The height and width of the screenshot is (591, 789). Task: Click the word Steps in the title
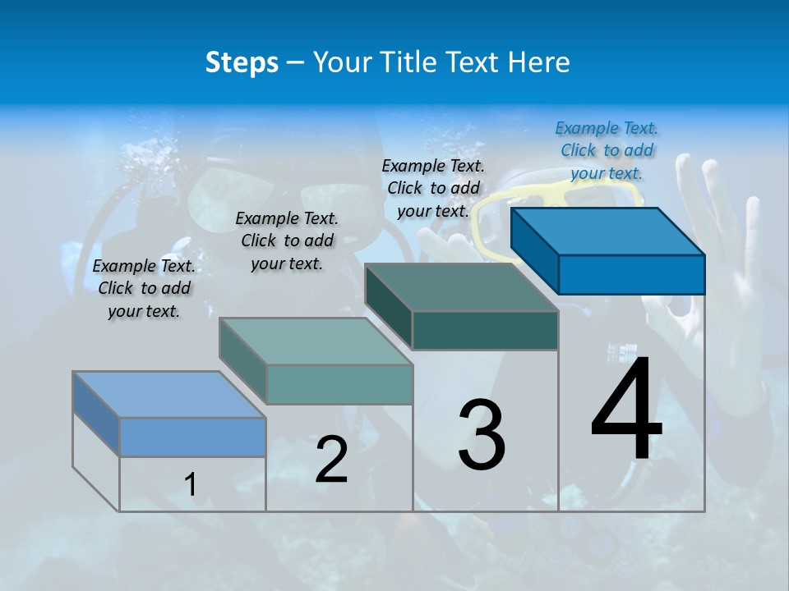[x=242, y=62]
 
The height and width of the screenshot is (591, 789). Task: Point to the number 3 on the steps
[x=482, y=435]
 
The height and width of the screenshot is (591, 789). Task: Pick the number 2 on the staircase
[x=331, y=460]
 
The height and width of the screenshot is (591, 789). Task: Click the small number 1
[x=191, y=484]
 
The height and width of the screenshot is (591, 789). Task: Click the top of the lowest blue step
[x=169, y=395]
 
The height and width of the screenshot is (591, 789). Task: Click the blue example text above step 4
[x=607, y=150]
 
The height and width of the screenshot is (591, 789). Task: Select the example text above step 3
[x=433, y=188]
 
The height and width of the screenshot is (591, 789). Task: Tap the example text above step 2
[x=287, y=241]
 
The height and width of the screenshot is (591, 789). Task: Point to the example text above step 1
[x=144, y=288]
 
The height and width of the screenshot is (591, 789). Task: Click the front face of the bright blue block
[x=631, y=274]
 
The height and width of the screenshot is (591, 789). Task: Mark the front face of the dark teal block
[x=485, y=331]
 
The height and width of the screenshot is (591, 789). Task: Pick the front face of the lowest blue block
[x=192, y=437]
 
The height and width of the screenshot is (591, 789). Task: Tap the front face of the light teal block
[x=339, y=384]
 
